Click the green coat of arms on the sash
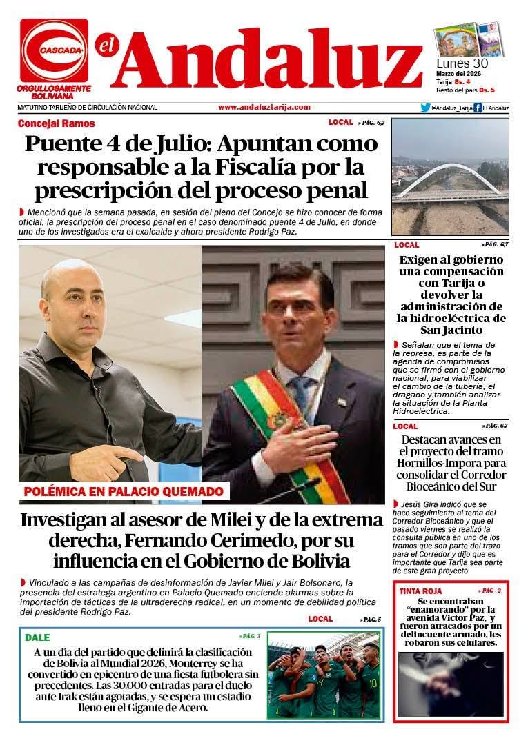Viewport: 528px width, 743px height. tap(282, 419)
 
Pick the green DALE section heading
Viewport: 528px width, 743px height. tap(37, 637)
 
